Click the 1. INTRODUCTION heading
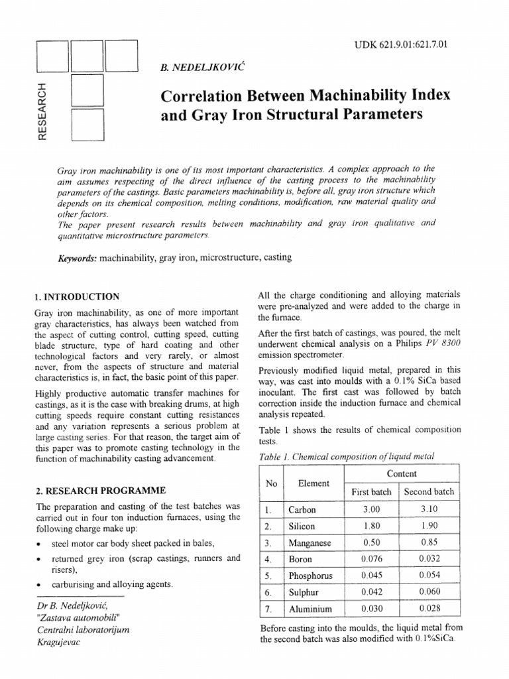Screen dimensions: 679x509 77,296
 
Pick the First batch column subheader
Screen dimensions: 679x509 371,491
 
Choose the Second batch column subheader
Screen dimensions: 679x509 429,491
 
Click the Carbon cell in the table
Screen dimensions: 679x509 303,510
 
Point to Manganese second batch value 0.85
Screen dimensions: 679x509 429,542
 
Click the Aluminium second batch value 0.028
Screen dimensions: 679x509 429,608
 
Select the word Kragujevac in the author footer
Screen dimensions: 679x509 59,643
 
